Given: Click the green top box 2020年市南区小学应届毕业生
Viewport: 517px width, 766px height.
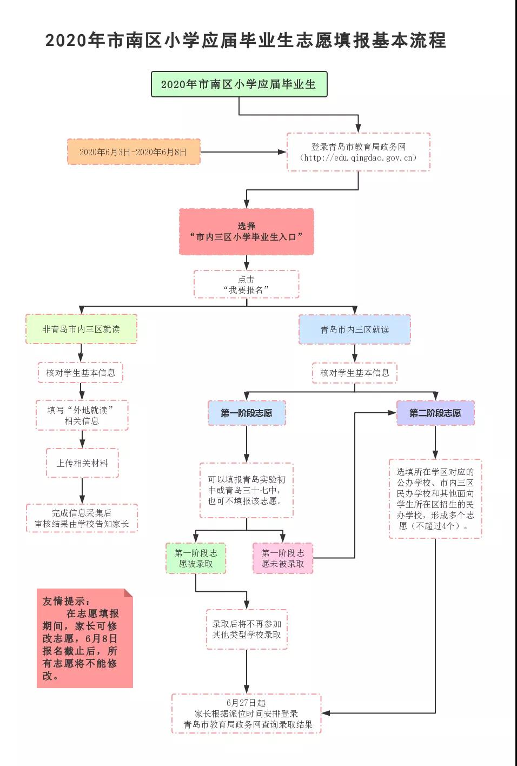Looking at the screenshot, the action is click(x=239, y=84).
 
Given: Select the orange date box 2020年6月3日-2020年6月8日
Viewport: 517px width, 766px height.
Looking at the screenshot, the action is click(x=134, y=152).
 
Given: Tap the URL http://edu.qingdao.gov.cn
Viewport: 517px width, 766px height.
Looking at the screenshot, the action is click(x=359, y=157).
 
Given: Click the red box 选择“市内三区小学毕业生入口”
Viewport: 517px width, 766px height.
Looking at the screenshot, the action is click(x=246, y=232).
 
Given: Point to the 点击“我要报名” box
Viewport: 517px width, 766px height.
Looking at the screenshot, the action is click(x=246, y=284).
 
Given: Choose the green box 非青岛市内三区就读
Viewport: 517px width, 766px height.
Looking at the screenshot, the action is click(x=81, y=329).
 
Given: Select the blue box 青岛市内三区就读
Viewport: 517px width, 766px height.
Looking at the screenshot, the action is click(x=355, y=329).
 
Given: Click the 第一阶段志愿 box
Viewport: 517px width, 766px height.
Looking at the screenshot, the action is click(x=247, y=413).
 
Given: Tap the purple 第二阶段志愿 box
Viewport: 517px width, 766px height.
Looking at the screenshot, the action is click(x=435, y=413).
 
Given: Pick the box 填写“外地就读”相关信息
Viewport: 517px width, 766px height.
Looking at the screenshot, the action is click(x=82, y=415).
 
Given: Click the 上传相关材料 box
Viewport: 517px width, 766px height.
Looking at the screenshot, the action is click(x=82, y=463).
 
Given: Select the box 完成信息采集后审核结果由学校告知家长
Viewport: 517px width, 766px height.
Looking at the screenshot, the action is click(x=82, y=518).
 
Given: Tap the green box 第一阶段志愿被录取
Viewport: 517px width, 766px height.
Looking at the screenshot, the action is click(x=196, y=558).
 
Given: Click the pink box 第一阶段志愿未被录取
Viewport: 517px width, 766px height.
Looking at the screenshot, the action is click(x=283, y=558).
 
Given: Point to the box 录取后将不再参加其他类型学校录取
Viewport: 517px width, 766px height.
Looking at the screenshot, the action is click(x=247, y=629).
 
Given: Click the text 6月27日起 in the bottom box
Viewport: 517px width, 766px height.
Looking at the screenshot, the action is click(x=246, y=703).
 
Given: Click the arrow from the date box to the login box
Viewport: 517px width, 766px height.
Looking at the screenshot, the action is click(x=243, y=152).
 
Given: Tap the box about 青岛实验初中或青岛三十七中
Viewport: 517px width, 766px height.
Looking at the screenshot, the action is click(x=246, y=490).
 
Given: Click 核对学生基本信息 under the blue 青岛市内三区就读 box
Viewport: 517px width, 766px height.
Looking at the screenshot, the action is click(x=355, y=373).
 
